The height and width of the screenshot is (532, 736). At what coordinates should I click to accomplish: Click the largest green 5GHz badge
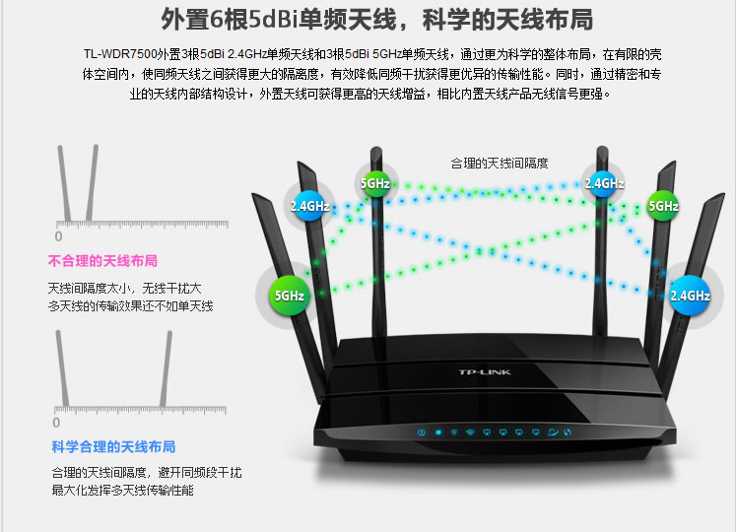tap(290, 295)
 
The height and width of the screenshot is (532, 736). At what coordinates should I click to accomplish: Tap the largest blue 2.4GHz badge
tap(690, 295)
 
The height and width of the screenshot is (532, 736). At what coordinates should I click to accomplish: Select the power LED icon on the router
tap(421, 432)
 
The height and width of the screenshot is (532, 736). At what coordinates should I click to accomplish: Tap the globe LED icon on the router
tap(552, 432)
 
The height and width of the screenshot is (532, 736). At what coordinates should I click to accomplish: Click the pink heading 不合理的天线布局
tap(102, 261)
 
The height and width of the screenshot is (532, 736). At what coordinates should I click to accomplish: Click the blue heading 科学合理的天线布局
tap(113, 446)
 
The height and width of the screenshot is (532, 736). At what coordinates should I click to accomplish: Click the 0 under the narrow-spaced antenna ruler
tap(57, 236)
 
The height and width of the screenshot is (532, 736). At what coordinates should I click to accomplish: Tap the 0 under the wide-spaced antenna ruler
tap(57, 423)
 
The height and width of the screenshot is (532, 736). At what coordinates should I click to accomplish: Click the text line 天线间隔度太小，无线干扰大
tap(124, 288)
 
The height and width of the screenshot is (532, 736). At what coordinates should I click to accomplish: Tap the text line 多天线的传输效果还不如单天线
tap(130, 306)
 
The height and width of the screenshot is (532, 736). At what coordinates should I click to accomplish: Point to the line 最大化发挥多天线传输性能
tap(123, 490)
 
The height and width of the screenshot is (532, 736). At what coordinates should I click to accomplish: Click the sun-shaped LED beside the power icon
tap(437, 432)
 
